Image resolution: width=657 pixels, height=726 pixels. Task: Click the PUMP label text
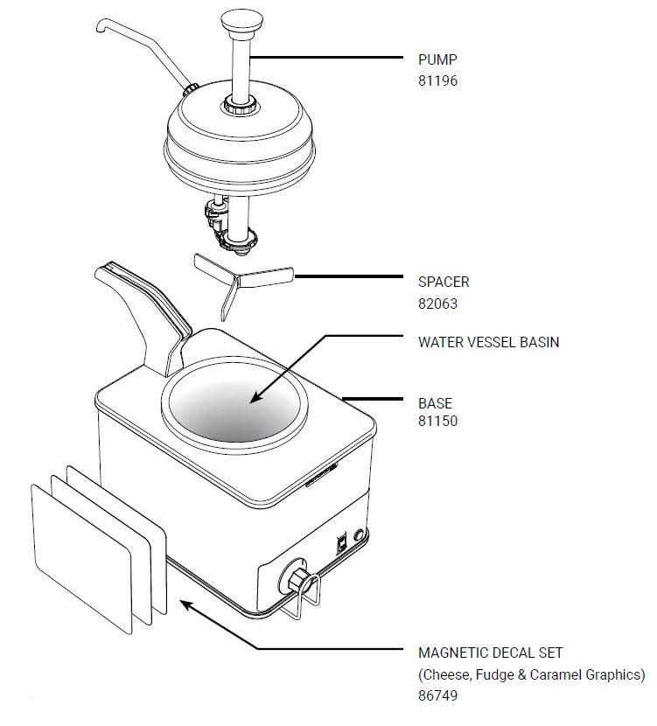pyautogui.click(x=437, y=60)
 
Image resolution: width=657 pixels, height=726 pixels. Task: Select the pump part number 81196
pyautogui.click(x=437, y=80)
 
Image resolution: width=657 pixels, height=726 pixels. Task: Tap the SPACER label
pyautogui.click(x=444, y=283)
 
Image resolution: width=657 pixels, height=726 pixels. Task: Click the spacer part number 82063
pyautogui.click(x=437, y=304)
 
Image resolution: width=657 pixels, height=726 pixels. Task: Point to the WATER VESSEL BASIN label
pyautogui.click(x=488, y=342)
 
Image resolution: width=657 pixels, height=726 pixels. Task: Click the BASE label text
pyautogui.click(x=435, y=404)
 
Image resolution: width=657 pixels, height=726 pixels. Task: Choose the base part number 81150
pyautogui.click(x=437, y=421)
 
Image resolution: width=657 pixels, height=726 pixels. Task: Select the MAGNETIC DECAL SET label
pyautogui.click(x=490, y=653)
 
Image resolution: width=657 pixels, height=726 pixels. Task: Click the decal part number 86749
pyautogui.click(x=437, y=696)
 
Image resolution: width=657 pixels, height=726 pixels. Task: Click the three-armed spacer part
pyautogui.click(x=241, y=281)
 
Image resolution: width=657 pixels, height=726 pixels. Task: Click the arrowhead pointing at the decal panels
pyautogui.click(x=183, y=602)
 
